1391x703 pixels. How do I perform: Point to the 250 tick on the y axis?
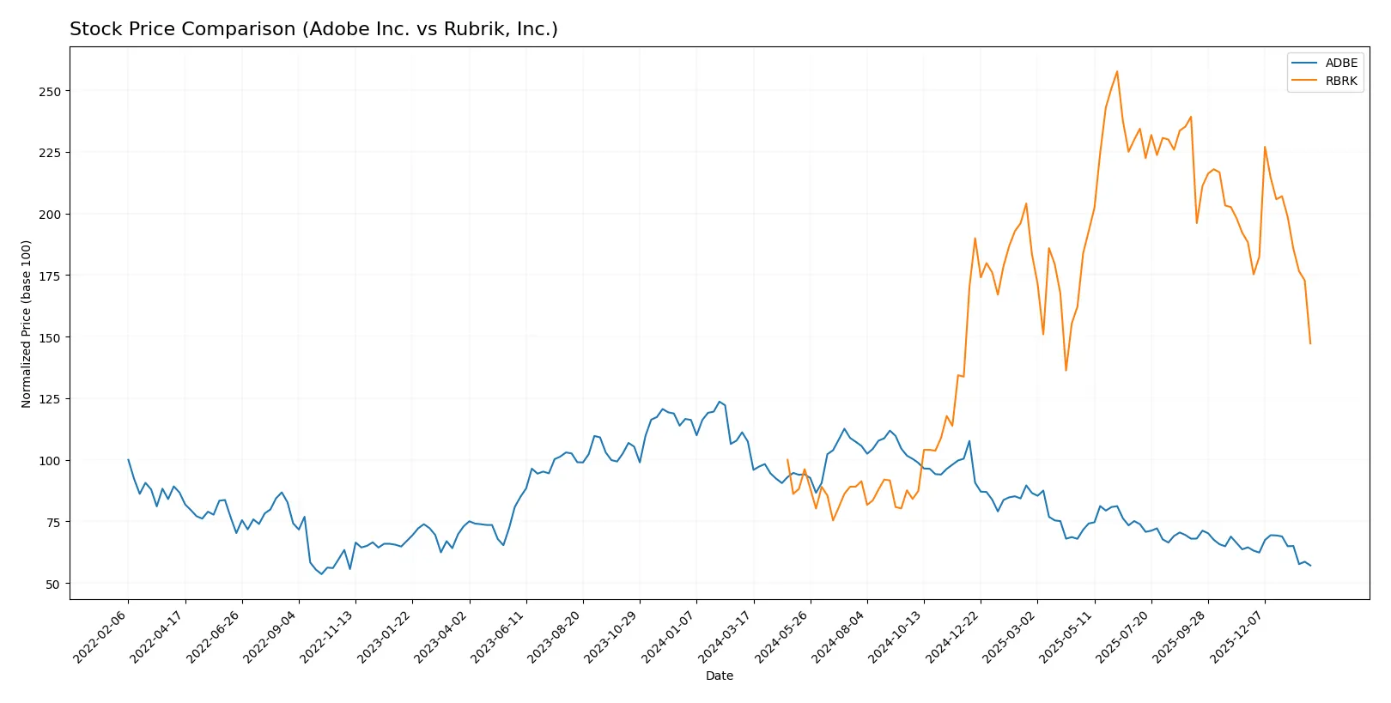click(49, 91)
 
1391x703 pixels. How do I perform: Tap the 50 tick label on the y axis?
click(52, 585)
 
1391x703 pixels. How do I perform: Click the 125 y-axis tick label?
click(49, 399)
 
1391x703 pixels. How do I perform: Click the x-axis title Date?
click(719, 676)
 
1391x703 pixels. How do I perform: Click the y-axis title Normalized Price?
click(27, 324)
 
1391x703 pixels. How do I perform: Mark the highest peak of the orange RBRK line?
click(1116, 71)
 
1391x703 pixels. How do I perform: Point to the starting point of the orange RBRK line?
click(787, 460)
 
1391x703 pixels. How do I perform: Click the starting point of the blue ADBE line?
click(129, 460)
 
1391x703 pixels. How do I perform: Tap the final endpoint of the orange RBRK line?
click(1310, 343)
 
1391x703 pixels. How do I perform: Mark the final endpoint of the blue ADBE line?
click(1310, 566)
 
